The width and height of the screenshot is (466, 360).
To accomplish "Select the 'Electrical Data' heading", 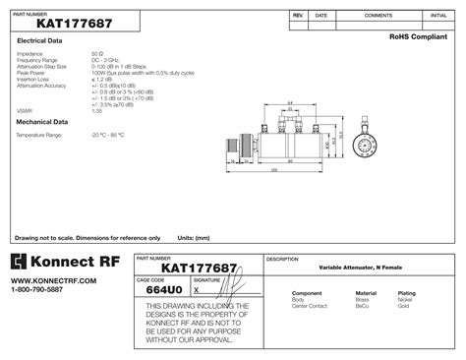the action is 40,40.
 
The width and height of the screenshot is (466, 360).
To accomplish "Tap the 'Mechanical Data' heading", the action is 42,122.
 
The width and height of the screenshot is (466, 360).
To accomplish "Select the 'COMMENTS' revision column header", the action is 379,16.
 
